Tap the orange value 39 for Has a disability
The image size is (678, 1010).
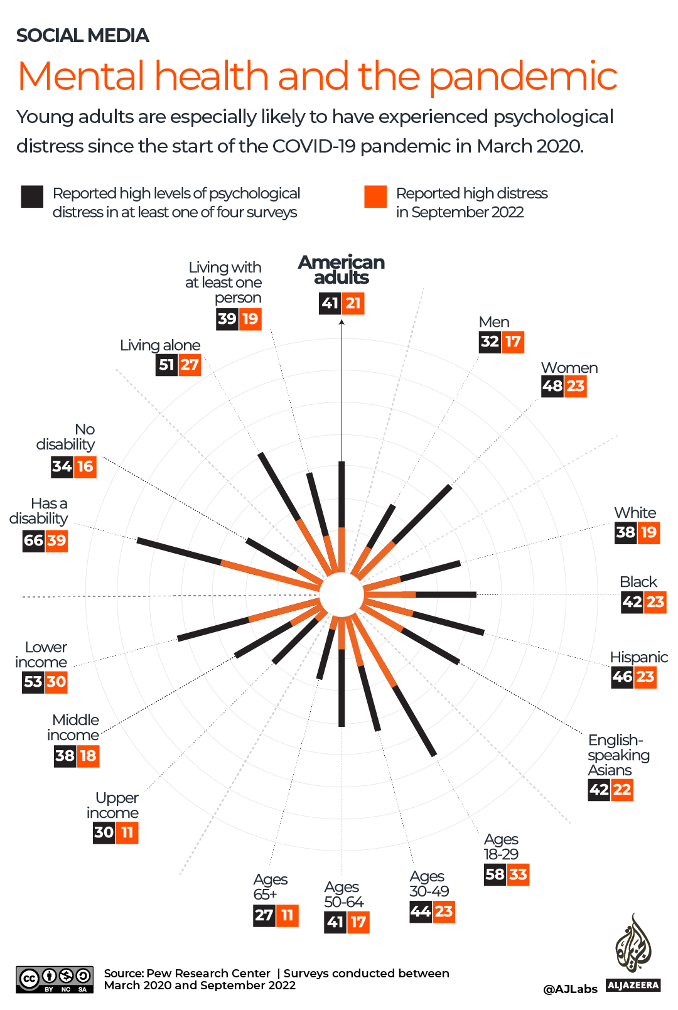pos(56,540)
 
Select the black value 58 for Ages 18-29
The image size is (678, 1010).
pos(495,874)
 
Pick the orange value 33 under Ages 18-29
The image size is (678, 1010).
pos(518,874)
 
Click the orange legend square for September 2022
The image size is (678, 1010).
pos(375,196)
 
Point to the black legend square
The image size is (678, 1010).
pos(32,196)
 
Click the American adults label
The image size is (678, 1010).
pos(342,270)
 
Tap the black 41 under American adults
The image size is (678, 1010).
pos(330,304)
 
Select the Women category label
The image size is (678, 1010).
pos(569,368)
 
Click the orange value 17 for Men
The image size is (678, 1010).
pos(513,342)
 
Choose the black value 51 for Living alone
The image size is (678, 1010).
pos(166,365)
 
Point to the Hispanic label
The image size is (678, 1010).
pos(638,657)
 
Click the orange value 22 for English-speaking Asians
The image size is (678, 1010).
pos(622,790)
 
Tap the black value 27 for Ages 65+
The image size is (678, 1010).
pos(264,915)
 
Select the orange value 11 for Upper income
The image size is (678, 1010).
pos(127,833)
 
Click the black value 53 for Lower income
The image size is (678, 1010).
pos(33,682)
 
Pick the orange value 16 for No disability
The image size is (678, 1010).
pos(85,466)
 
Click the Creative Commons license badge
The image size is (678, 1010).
pos(55,979)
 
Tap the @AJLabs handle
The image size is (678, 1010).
pos(570,989)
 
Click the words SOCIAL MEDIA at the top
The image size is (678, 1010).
pos(83,36)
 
